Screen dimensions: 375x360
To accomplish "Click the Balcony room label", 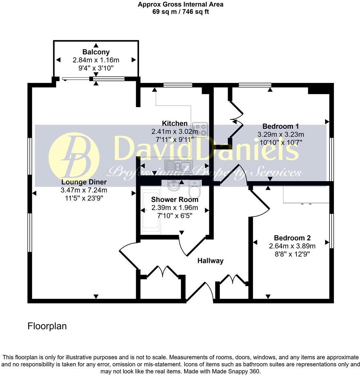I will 96,52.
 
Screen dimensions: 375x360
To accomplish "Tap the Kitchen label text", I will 174,124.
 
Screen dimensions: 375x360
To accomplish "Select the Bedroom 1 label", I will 281,126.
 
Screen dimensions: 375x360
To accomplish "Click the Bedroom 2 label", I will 292,238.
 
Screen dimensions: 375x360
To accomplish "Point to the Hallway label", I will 210,260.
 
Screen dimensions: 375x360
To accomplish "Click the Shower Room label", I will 174,199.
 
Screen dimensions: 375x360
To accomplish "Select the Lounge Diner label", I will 84,182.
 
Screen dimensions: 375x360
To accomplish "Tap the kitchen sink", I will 179,167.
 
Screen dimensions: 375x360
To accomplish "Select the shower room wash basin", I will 173,185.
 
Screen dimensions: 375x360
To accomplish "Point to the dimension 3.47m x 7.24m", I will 84,190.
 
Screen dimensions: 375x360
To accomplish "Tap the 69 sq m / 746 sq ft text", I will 180,12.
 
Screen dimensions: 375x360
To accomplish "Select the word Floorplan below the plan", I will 47,326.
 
